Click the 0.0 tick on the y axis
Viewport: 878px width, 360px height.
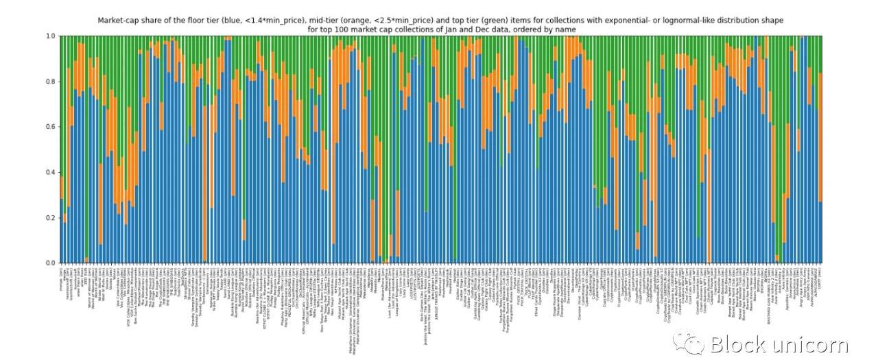pos(50,263)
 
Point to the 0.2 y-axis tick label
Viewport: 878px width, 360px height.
pos(50,217)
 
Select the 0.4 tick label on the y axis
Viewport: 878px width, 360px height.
pos(50,172)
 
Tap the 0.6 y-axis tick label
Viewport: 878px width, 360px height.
pos(50,127)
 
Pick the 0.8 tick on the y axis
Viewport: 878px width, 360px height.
pos(50,82)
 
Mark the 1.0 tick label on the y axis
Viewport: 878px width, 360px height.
pos(50,36)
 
